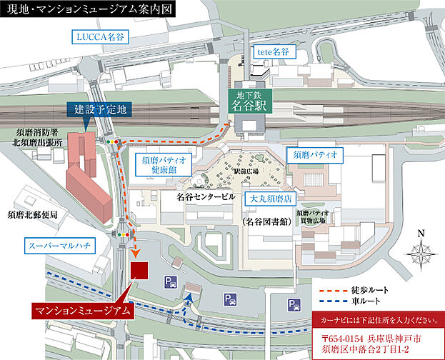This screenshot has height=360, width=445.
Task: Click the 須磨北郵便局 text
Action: (x=32, y=214)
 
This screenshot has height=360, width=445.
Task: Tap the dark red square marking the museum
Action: (x=139, y=271)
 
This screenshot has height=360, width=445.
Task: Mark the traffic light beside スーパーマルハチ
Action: (x=126, y=234)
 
